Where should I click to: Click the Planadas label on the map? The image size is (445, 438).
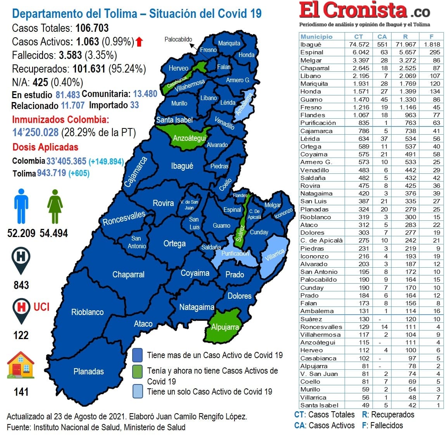(88, 371)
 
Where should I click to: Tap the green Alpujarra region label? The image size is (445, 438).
(225, 327)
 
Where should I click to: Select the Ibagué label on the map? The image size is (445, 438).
(182, 166)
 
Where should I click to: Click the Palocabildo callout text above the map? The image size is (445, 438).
(178, 39)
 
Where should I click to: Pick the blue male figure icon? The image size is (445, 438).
(21, 206)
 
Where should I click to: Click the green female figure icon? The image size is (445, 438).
(55, 206)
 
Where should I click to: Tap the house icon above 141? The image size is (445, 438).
(21, 365)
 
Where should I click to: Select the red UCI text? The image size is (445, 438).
(41, 307)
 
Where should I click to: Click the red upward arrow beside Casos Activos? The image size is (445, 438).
(139, 42)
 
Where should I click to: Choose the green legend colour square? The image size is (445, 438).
(137, 371)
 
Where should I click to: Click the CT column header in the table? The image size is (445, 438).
(359, 36)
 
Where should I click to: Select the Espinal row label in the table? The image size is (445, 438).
(312, 52)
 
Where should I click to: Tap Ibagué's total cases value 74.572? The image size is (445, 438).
(359, 45)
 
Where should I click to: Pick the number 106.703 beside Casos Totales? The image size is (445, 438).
(92, 28)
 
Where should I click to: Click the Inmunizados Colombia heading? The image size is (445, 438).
(60, 119)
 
